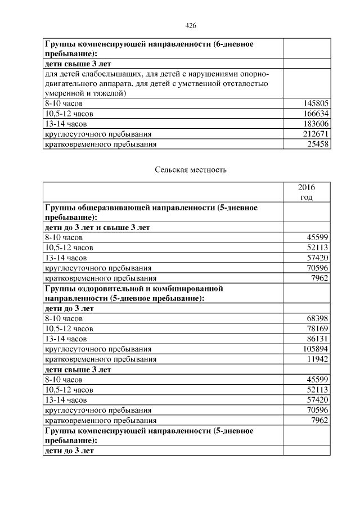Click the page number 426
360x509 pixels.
click(x=190, y=26)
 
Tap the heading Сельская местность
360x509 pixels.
click(x=190, y=170)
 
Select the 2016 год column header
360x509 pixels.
click(x=307, y=192)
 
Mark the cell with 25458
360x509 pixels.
click(x=318, y=145)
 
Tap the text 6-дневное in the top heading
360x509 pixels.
click(x=236, y=43)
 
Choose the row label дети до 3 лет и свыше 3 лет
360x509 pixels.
click(x=97, y=227)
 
